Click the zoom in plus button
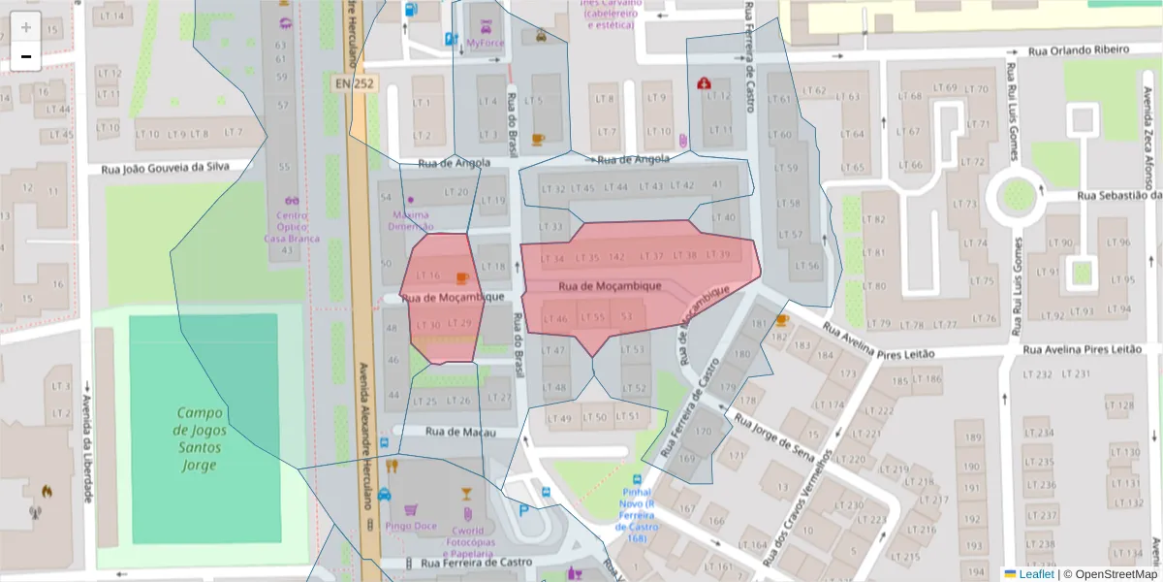pyautogui.click(x=26, y=27)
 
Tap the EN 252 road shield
pyautogui.click(x=355, y=83)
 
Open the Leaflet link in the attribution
pyautogui.click(x=1036, y=573)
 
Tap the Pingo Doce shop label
pyautogui.click(x=410, y=526)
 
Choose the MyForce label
pyautogui.click(x=486, y=43)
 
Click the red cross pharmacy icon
pyautogui.click(x=703, y=84)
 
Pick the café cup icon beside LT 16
pyautogui.click(x=462, y=277)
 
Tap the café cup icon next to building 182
pyautogui.click(x=782, y=319)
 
